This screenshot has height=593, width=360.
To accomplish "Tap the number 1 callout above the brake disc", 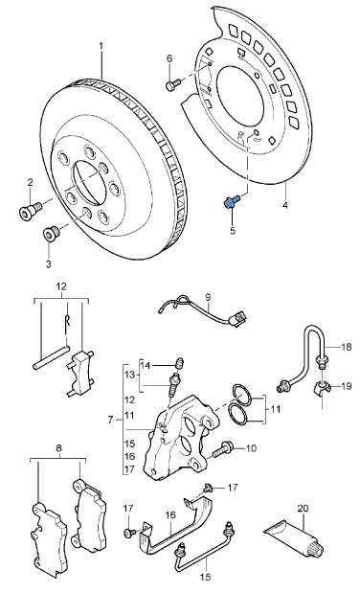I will pyautogui.click(x=101, y=45).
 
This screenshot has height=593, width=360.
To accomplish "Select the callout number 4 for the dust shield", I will pyautogui.click(x=284, y=205).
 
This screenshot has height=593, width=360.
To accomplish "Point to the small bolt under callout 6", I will pyautogui.click(x=173, y=86).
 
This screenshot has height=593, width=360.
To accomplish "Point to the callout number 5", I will pyautogui.click(x=231, y=230).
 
